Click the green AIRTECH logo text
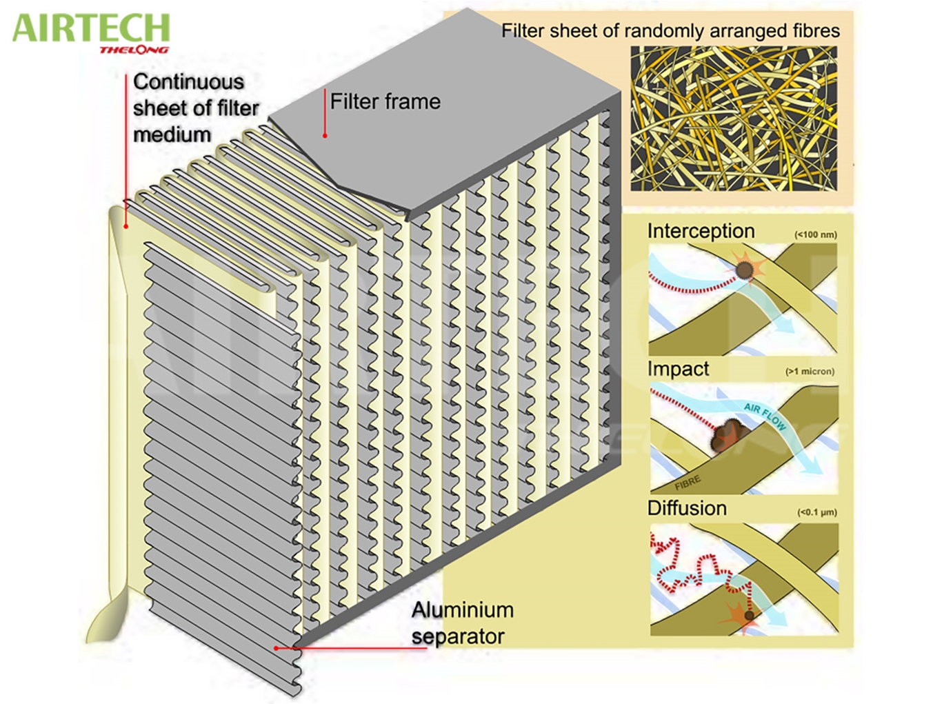[x=91, y=28]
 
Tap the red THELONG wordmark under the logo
[x=134, y=50]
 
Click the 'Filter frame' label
[x=385, y=102]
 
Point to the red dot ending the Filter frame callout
[x=325, y=136]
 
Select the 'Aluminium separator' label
[x=461, y=623]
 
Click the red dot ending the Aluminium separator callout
[x=276, y=648]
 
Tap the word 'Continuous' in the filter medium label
[x=188, y=81]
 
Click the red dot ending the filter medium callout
[x=126, y=225]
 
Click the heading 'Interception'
[x=701, y=231]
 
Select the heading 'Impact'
[x=678, y=369]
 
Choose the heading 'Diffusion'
[x=687, y=508]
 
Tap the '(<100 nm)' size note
[x=816, y=234]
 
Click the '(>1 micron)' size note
[x=810, y=372]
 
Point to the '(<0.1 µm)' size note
[x=817, y=512]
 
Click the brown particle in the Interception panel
[x=744, y=270]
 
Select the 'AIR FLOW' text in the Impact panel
[x=765, y=416]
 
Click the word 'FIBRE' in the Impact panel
[x=688, y=482]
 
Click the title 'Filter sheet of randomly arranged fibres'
[x=670, y=31]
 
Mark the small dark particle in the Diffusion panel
[x=750, y=615]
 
